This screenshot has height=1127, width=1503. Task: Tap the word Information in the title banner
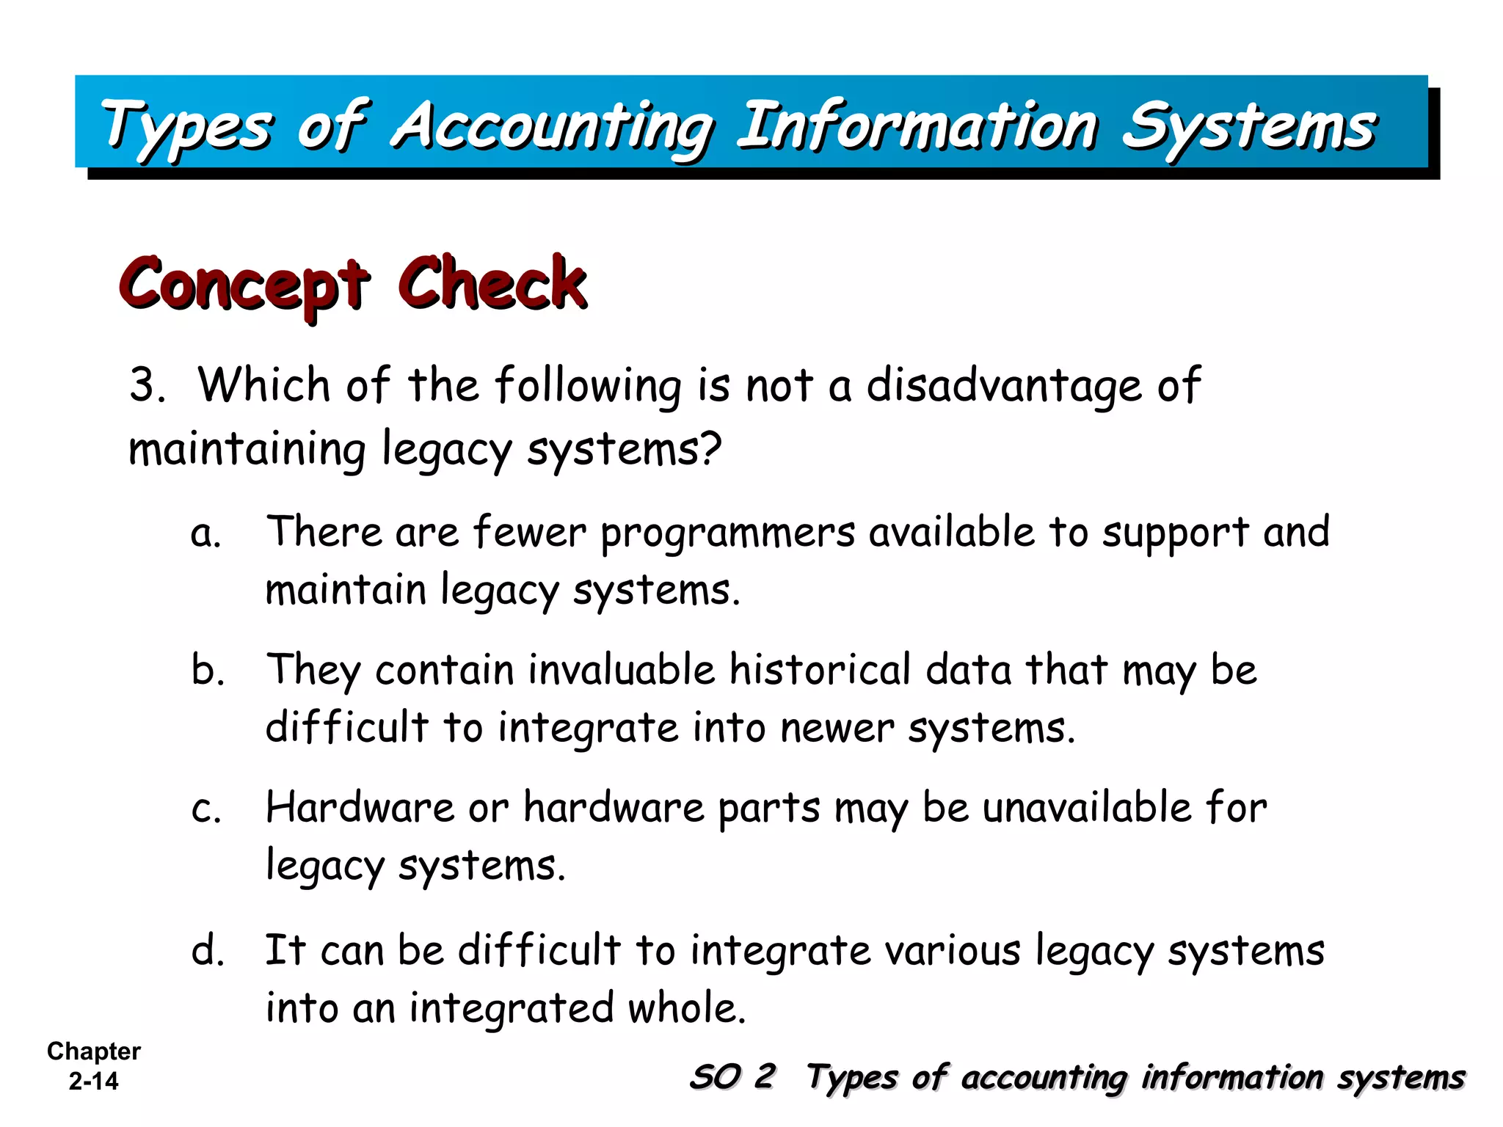click(917, 126)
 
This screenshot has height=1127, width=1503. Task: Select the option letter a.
click(205, 534)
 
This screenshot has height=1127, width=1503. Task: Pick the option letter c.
click(205, 810)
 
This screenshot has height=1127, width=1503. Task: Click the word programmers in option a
click(728, 533)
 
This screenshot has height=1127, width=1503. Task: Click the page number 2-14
click(93, 1081)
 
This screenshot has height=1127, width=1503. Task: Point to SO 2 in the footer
click(732, 1077)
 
